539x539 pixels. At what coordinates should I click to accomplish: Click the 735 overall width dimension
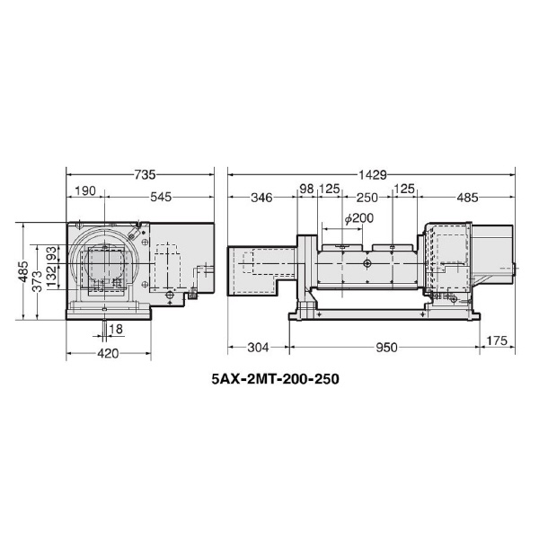[145, 174]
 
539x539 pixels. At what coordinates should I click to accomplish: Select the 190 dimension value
[85, 190]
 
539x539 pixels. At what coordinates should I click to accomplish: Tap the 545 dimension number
[161, 197]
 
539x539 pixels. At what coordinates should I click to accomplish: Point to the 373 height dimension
[37, 281]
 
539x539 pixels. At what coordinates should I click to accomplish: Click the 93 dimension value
[51, 253]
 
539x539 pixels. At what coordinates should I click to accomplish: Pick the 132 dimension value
[51, 276]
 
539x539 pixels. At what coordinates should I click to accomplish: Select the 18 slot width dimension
[116, 329]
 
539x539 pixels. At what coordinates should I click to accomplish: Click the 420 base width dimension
[109, 353]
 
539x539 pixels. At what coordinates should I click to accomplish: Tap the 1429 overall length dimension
[373, 175]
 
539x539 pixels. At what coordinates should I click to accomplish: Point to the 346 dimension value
[261, 198]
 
